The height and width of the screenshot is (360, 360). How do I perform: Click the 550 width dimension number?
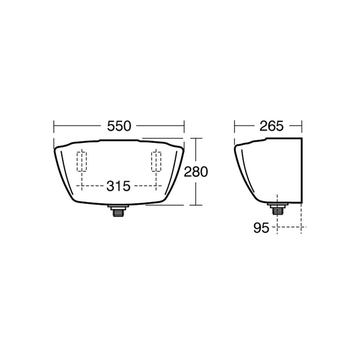click(119, 126)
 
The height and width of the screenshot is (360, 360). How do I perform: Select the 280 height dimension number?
click(196, 172)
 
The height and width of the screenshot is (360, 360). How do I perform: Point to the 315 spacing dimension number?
click(118, 187)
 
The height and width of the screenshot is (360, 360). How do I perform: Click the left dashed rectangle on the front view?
click(82, 162)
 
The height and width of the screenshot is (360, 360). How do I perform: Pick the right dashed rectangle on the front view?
click(156, 162)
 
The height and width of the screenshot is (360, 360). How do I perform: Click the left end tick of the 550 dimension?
click(54, 126)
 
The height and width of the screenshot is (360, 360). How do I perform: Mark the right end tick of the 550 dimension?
click(184, 126)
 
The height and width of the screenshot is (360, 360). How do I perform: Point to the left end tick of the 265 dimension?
click(234, 126)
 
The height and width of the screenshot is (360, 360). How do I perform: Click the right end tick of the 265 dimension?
click(302, 126)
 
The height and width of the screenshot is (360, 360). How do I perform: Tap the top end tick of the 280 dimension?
click(196, 138)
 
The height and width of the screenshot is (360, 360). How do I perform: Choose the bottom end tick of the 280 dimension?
click(196, 205)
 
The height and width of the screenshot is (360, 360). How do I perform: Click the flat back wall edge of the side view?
click(302, 169)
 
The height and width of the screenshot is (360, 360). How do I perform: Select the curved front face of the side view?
click(238, 169)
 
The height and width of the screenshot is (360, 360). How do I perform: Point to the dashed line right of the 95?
click(289, 227)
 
